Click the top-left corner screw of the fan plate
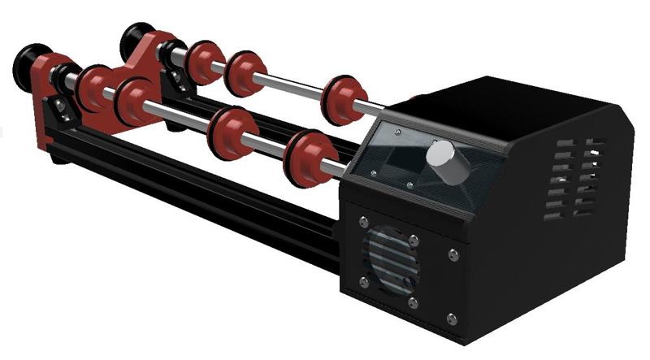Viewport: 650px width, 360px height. tap(363, 223)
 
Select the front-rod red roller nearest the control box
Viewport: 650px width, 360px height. tap(308, 154)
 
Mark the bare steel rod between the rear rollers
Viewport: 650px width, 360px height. tap(292, 85)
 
